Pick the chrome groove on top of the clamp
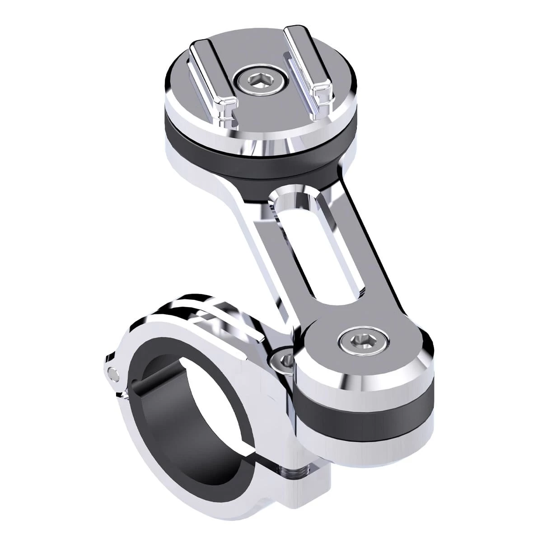(x=212, y=316)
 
